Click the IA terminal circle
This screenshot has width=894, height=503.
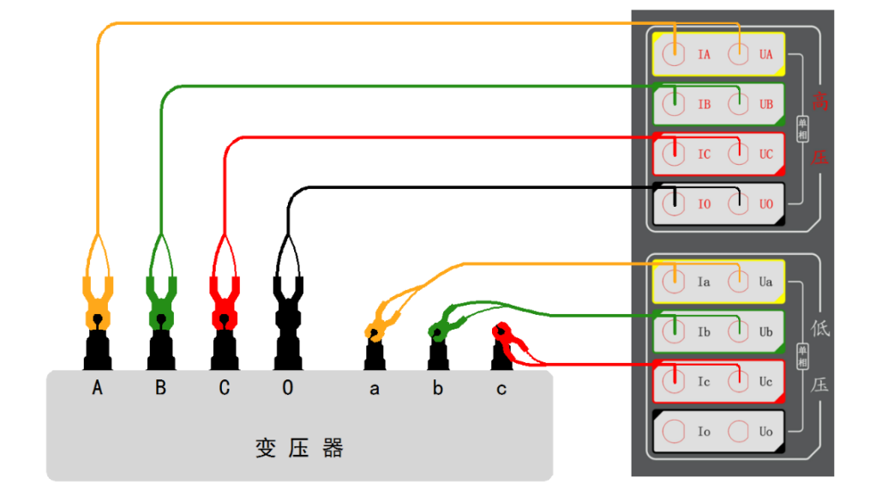click(676, 54)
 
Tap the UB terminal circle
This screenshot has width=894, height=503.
click(739, 105)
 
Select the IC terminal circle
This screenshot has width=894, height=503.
click(676, 155)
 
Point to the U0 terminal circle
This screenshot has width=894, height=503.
click(739, 204)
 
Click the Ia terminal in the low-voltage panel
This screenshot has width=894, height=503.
click(676, 281)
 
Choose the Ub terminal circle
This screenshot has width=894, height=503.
click(739, 331)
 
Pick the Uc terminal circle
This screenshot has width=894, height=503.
click(739, 381)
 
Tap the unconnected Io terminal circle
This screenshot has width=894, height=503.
click(676, 431)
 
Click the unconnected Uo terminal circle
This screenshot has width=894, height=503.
click(739, 431)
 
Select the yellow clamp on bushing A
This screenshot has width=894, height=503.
click(98, 300)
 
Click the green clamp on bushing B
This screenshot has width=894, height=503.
click(160, 300)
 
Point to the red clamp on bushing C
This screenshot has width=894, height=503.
click(224, 300)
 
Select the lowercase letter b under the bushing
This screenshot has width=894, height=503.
click(438, 389)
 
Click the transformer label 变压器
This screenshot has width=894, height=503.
click(299, 448)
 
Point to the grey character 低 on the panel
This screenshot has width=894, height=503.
click(820, 329)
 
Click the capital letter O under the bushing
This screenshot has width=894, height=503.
click(287, 389)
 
